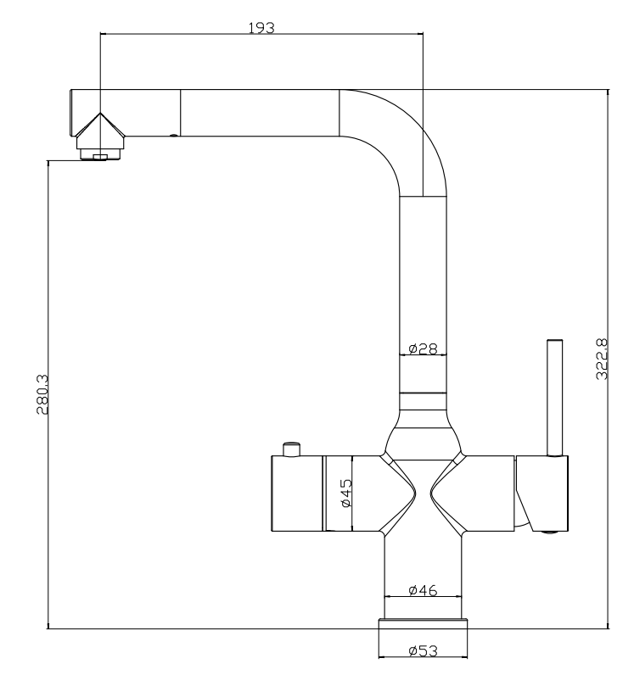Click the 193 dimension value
click(x=261, y=28)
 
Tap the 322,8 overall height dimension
click(x=602, y=359)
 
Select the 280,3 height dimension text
click(x=42, y=393)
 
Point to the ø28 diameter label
click(x=423, y=349)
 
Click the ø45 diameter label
click(x=346, y=493)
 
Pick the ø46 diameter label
click(x=423, y=590)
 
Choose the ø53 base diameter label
click(x=423, y=650)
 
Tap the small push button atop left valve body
click(x=292, y=449)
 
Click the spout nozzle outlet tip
click(x=100, y=155)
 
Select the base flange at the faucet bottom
click(x=423, y=624)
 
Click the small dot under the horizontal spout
click(x=174, y=136)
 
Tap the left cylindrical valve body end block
click(x=297, y=494)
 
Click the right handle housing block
click(x=542, y=494)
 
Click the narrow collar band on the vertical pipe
click(x=423, y=402)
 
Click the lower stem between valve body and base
click(x=423, y=575)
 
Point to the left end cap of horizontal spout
click(x=72, y=113)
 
